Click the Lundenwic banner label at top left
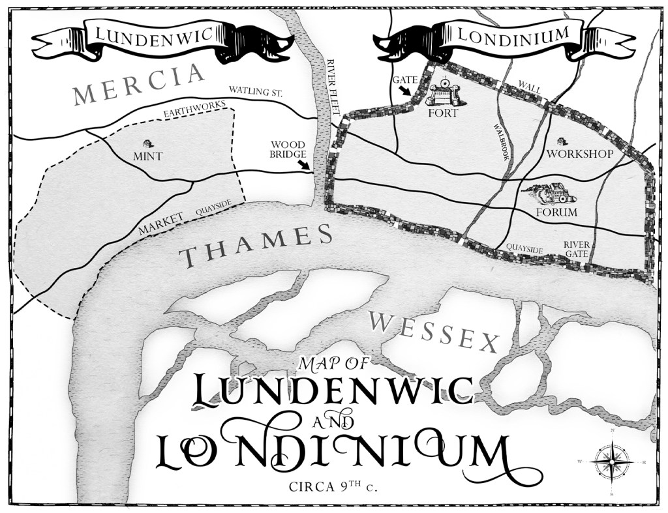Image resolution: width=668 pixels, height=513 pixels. (154, 38)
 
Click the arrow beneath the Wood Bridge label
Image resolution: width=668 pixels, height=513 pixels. (304, 166)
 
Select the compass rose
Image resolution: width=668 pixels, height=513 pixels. (611, 462)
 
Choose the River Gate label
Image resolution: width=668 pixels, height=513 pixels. (577, 249)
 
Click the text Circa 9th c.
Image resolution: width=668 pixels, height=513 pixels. (334, 486)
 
